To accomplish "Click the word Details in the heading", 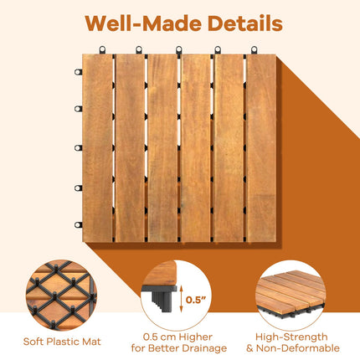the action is point(245,23).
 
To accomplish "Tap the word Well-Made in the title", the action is point(143,23).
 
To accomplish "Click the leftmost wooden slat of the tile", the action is point(97,148).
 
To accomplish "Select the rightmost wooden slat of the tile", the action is point(261,148).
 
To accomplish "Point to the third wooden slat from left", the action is point(162,148).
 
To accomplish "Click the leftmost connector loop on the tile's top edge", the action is point(103,49).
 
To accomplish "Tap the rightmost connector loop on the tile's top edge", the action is point(254,49).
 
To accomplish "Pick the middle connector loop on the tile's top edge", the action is point(179,49).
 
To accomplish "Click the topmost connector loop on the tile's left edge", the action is point(79,72).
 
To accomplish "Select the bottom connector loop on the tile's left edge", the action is point(79,224).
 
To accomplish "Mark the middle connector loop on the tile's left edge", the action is point(79,147).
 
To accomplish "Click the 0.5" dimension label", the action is point(196,300).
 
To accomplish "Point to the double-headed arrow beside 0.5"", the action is point(181,299).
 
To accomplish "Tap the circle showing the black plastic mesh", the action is point(61,295).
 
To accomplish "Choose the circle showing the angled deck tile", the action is point(291,295).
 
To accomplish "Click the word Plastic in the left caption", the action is point(63,342).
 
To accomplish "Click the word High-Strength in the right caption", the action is point(291,337).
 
